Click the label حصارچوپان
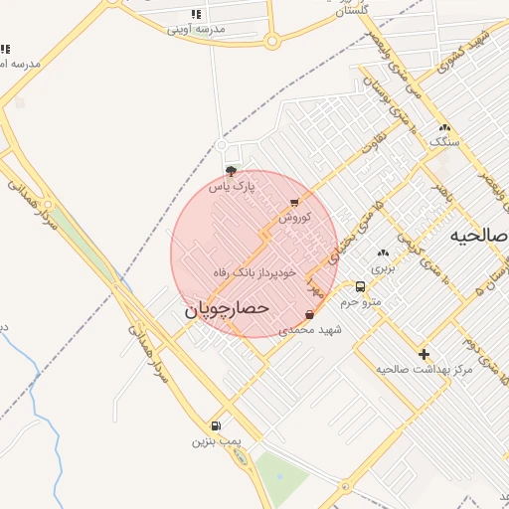[x=227, y=309]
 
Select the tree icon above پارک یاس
[x=232, y=171]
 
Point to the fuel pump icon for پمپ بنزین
[x=217, y=425]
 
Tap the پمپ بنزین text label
[x=217, y=439]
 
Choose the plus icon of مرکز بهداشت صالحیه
[x=424, y=354]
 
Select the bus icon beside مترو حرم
[x=360, y=287]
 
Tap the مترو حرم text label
[x=361, y=301]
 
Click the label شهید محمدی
[x=310, y=329]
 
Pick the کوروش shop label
[x=295, y=216]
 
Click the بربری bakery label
[x=383, y=267]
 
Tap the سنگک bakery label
[x=444, y=141]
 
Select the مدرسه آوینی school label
[x=196, y=29]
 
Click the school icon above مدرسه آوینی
[x=196, y=14]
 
